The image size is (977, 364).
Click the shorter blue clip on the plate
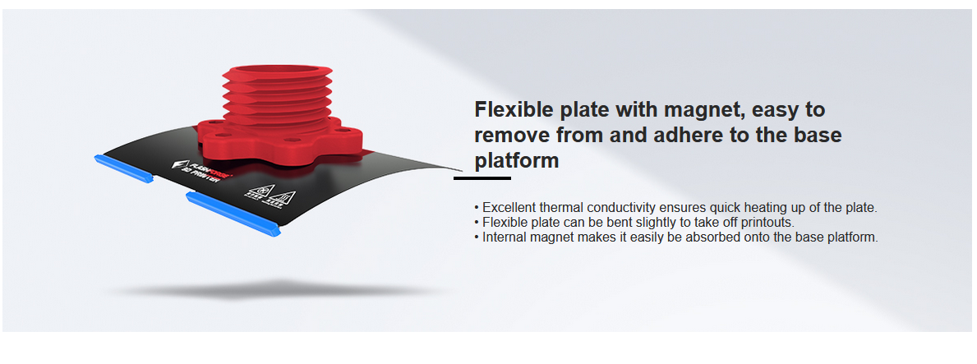(x=123, y=168)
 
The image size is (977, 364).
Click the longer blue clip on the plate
(x=233, y=214)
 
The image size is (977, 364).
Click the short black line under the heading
(x=482, y=178)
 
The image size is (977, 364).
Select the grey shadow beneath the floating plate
(x=277, y=289)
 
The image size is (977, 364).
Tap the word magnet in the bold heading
(x=703, y=111)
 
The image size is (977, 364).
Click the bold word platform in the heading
(x=517, y=161)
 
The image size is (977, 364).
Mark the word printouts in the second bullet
(x=768, y=223)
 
